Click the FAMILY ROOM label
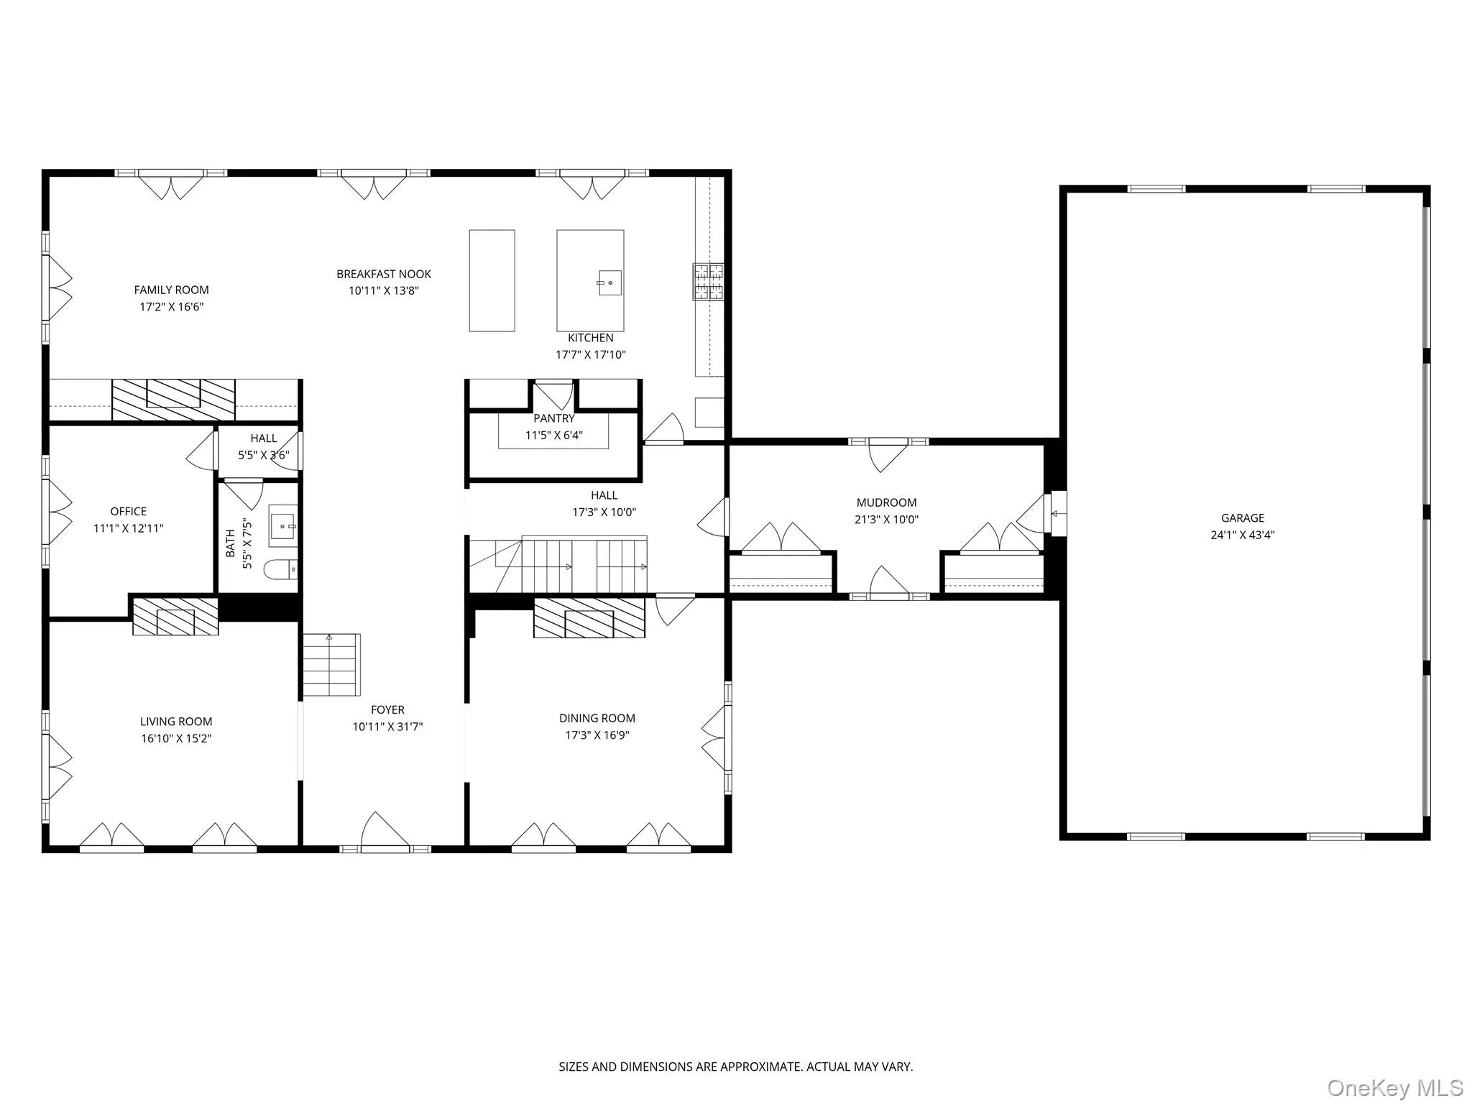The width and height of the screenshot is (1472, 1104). [x=171, y=290]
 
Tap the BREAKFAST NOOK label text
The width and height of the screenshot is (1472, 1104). [x=384, y=274]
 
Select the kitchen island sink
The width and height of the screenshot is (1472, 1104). [x=610, y=282]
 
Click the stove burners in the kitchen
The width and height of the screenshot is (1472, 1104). [x=709, y=281]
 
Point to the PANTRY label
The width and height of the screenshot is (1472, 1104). [x=554, y=418]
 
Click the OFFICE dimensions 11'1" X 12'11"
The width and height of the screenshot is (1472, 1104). [x=129, y=528]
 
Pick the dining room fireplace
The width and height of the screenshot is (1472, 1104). [x=589, y=618]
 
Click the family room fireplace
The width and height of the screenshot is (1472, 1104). [x=173, y=400]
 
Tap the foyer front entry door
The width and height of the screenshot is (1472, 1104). [x=385, y=834]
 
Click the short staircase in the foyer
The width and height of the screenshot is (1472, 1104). [x=331, y=665]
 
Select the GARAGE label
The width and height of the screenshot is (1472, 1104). [x=1243, y=517]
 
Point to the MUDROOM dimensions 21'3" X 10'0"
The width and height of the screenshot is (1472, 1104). [x=886, y=520]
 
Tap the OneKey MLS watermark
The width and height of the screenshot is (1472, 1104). [x=1395, y=1087]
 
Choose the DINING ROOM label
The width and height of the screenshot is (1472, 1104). [x=597, y=718]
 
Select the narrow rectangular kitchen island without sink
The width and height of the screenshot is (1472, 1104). [x=492, y=280]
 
